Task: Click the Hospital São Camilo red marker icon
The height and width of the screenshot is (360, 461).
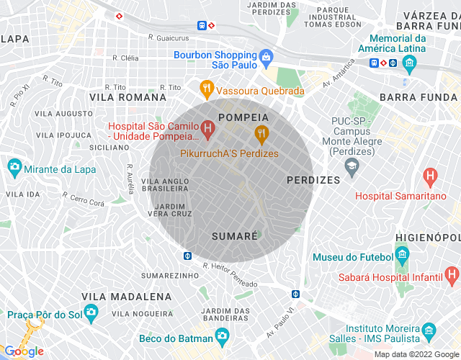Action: [x=208, y=130]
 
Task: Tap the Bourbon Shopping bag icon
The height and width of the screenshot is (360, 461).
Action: [x=267, y=55]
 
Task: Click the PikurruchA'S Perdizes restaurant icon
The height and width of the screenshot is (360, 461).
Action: [x=261, y=132]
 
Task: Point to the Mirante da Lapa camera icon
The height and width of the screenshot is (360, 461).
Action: [x=14, y=168]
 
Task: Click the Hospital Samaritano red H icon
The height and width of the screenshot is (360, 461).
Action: [x=431, y=175]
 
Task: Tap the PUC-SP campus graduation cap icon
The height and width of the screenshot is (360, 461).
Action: [x=352, y=168]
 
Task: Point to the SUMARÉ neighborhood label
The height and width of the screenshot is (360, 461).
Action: [x=235, y=236]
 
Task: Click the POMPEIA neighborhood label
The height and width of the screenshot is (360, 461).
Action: [x=243, y=117]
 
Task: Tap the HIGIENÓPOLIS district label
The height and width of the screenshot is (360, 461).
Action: [x=428, y=237]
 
